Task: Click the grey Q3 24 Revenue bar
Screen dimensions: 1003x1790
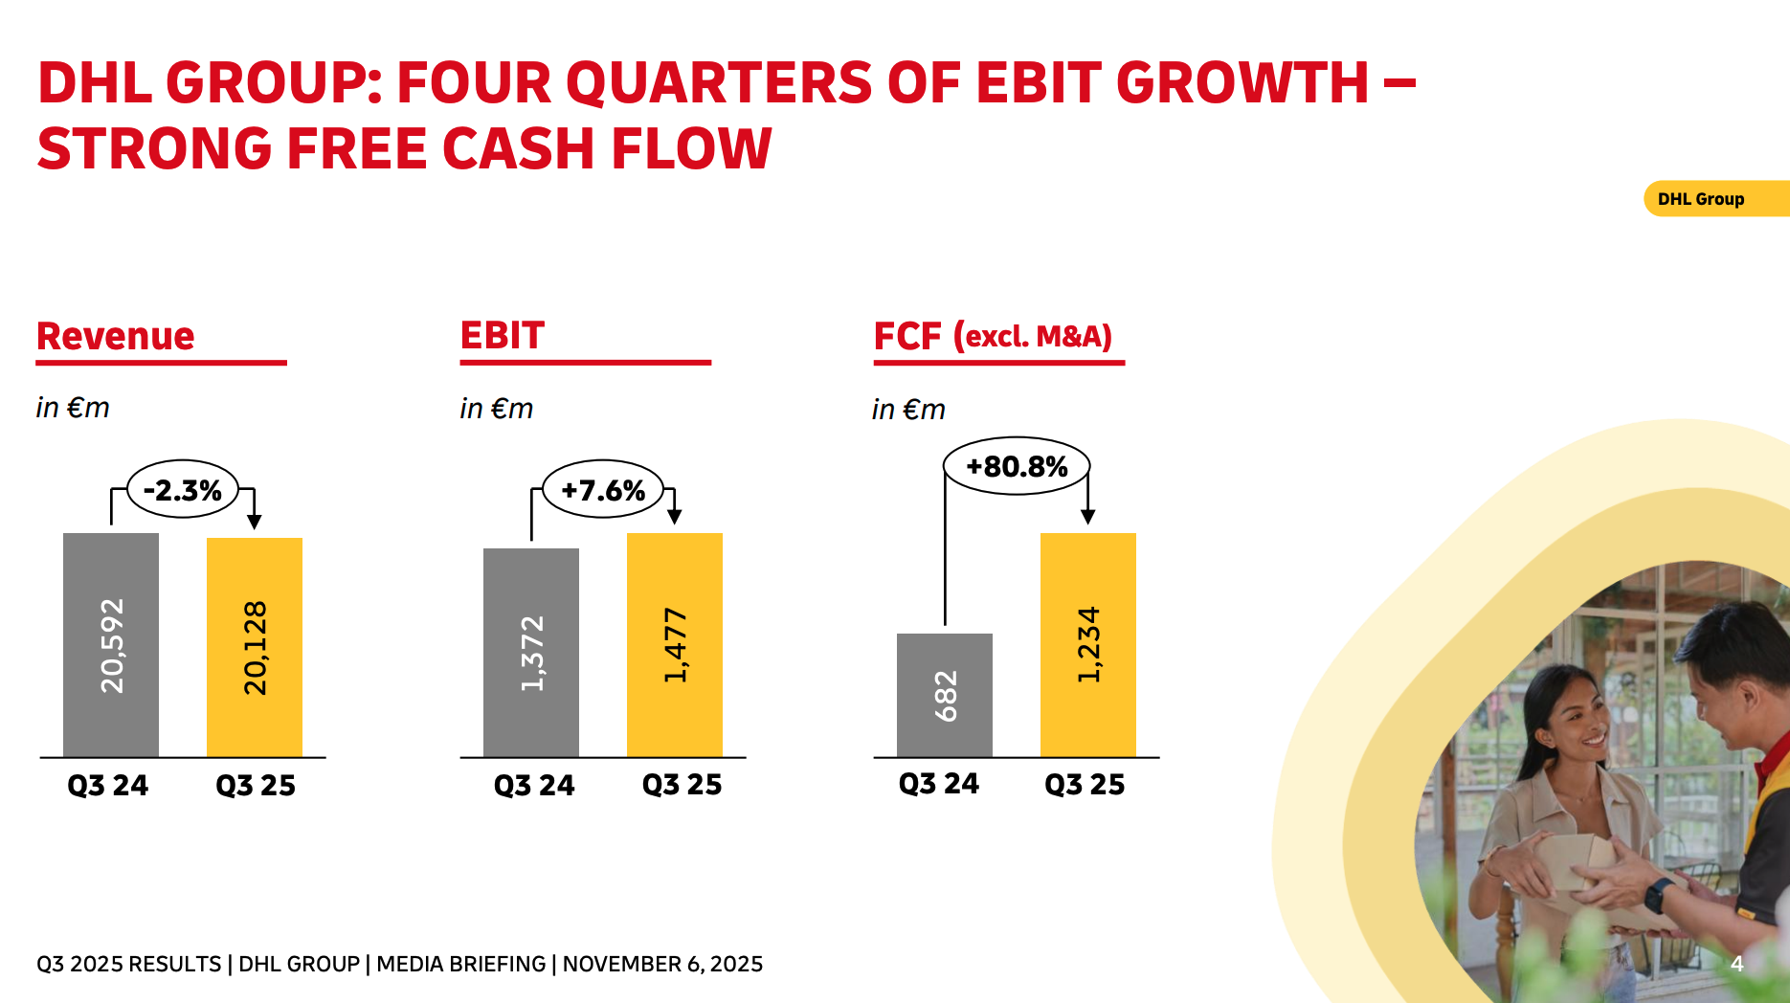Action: tap(111, 644)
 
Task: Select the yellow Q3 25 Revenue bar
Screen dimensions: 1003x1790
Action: tap(255, 647)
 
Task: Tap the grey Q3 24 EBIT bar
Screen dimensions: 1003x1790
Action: tap(531, 652)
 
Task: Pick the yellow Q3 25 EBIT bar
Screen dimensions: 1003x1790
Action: tap(675, 644)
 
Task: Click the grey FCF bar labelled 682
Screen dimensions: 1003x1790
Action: tap(945, 695)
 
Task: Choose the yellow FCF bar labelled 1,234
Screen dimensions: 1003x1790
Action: tap(1088, 644)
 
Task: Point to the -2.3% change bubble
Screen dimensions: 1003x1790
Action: tap(183, 490)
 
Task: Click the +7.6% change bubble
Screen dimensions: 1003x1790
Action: tap(603, 490)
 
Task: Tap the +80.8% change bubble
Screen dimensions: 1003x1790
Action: tap(1017, 466)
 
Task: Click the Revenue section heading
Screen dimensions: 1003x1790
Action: tap(116, 337)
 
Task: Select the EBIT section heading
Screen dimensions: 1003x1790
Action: tap(503, 336)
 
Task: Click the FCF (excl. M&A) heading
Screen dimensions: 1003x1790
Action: tap(993, 337)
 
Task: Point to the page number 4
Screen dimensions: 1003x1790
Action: tap(1737, 964)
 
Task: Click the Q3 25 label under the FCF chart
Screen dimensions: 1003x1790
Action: tap(1085, 785)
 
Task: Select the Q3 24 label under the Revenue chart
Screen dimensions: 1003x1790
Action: tap(108, 786)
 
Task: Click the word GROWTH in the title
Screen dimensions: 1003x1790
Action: tap(1242, 83)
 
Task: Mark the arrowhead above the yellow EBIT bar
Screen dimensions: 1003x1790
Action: tap(675, 517)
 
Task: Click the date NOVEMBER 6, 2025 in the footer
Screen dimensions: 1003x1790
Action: tap(662, 964)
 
